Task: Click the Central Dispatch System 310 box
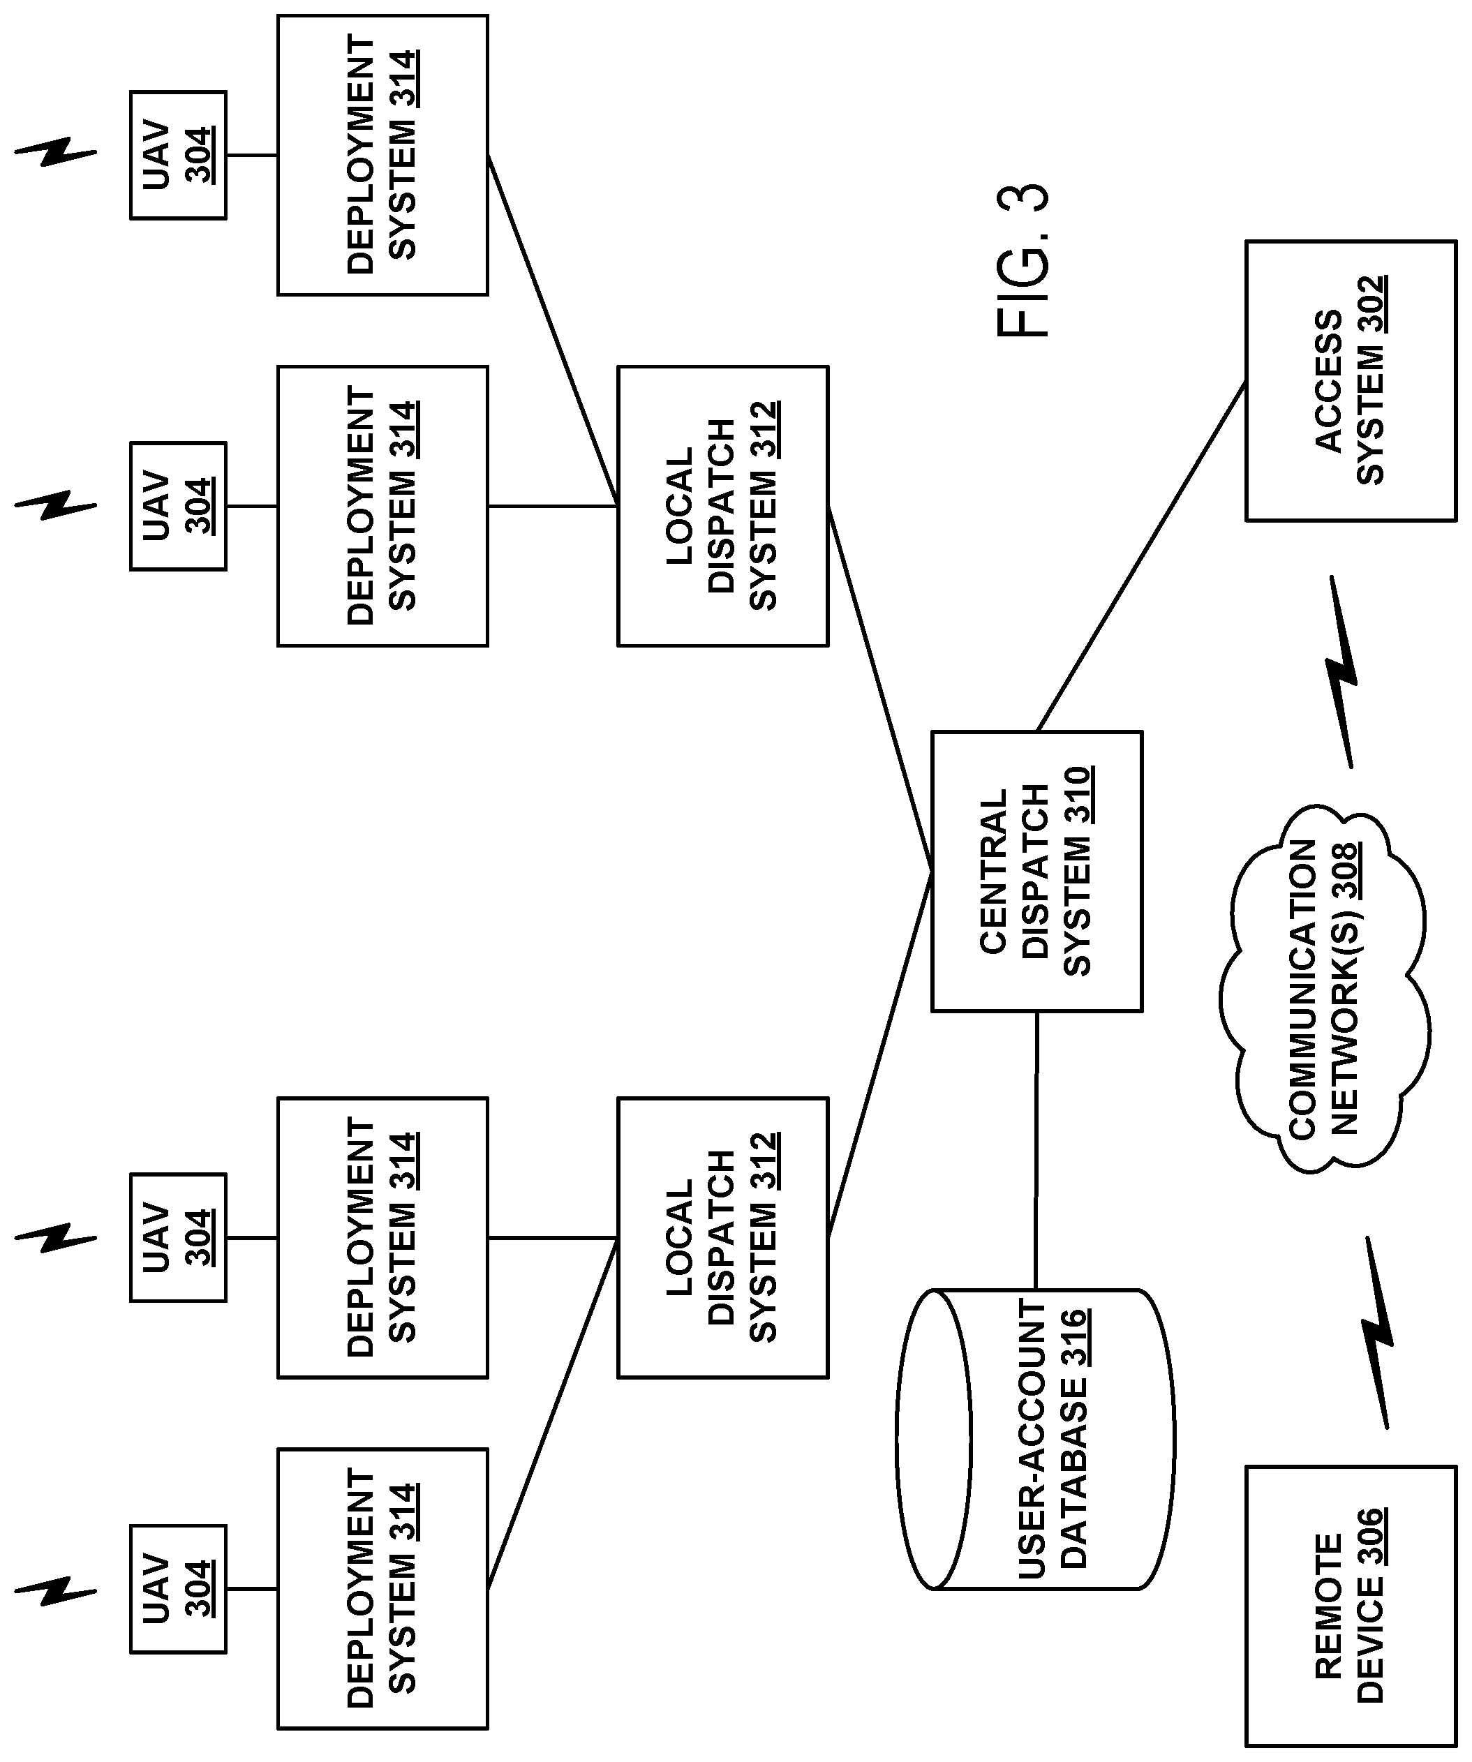(x=1036, y=871)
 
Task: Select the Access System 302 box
(x=1351, y=381)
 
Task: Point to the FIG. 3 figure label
(x=1023, y=261)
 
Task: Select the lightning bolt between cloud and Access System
(x=1340, y=671)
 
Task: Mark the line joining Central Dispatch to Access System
(x=1141, y=556)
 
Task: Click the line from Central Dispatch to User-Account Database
(x=1036, y=1150)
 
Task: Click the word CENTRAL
(x=994, y=871)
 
